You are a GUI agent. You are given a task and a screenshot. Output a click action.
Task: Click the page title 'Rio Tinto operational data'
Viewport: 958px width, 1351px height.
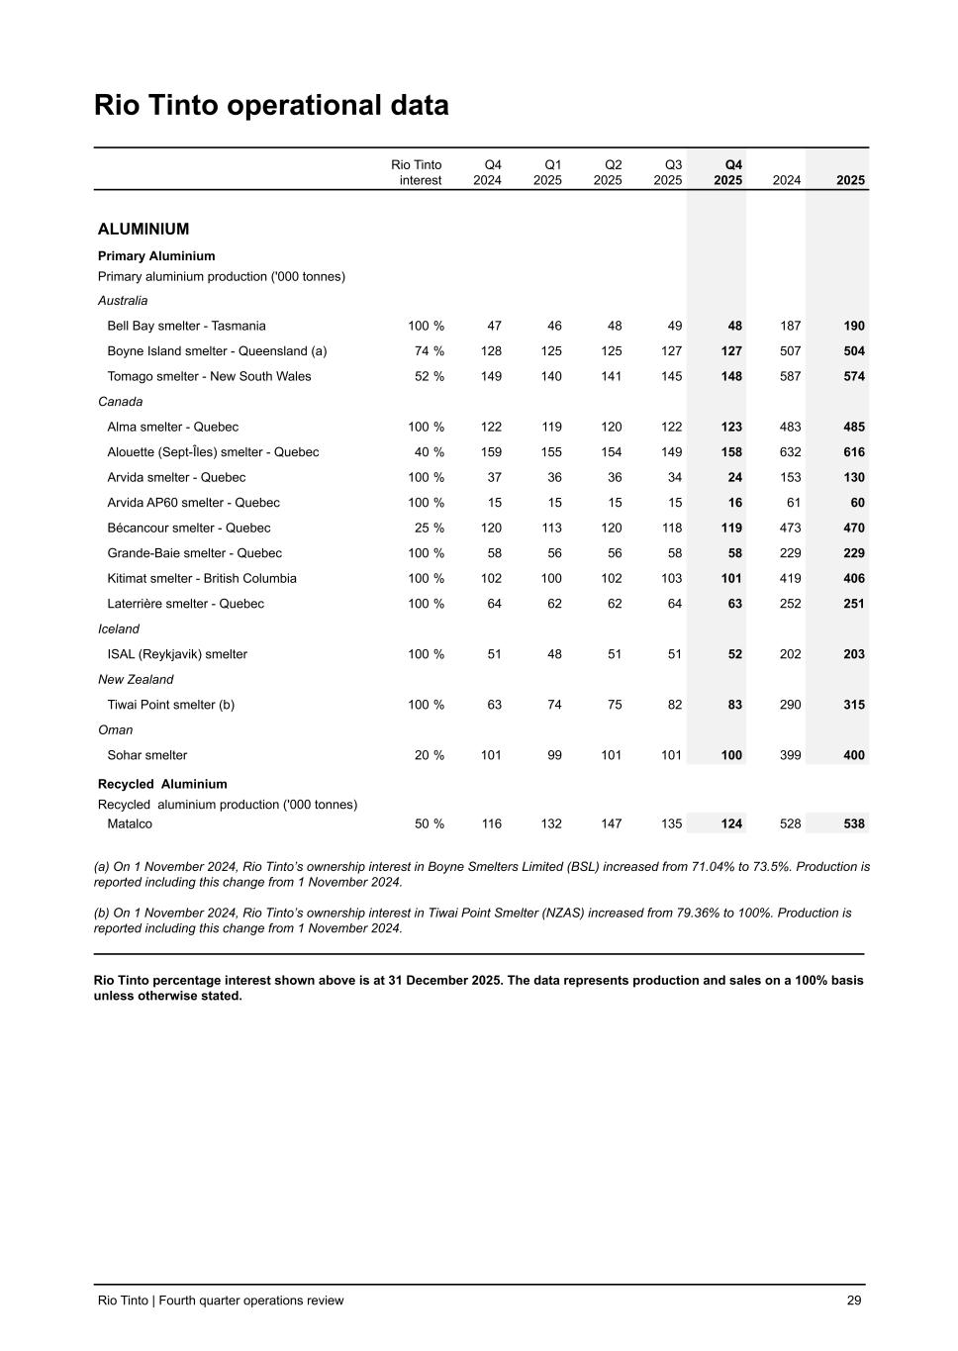[271, 106]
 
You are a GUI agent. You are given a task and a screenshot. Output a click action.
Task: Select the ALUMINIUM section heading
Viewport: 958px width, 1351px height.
[144, 230]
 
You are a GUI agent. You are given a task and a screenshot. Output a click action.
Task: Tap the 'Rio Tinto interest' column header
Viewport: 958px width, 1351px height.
[417, 172]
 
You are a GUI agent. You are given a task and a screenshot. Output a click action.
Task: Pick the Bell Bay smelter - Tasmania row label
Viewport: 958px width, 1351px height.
[186, 326]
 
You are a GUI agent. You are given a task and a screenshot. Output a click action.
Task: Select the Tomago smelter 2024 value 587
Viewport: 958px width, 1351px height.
[790, 376]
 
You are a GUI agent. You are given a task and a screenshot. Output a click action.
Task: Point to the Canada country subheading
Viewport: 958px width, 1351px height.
[120, 402]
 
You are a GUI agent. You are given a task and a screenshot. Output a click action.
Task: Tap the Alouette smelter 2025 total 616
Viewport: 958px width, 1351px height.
[853, 452]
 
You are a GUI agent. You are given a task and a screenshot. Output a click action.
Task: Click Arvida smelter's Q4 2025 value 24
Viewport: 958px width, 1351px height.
[734, 478]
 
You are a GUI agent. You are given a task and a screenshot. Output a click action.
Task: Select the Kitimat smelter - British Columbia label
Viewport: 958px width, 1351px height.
[202, 579]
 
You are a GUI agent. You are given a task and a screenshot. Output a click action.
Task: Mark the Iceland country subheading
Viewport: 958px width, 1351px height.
[119, 629]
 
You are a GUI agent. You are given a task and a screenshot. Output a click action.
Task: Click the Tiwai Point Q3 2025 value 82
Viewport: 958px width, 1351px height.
[674, 705]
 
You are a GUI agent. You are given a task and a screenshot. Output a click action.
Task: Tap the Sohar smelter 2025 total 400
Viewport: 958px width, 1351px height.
[853, 755]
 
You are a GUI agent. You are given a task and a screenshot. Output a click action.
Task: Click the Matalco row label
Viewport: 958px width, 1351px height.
[130, 823]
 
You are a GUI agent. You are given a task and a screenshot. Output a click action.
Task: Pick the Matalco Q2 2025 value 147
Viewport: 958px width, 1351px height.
[612, 823]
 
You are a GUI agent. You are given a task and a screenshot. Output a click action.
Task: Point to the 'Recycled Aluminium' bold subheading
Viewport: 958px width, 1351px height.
[162, 784]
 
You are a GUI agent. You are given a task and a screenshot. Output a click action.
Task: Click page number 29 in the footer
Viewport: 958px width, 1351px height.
[854, 1301]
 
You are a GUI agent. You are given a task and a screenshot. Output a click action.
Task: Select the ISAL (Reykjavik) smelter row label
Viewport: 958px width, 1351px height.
[177, 654]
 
